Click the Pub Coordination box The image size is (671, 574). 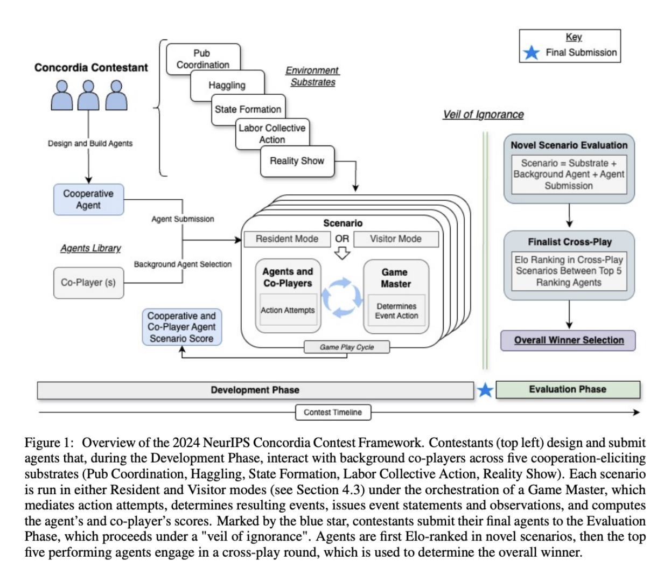pos(203,58)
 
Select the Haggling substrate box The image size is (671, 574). pos(227,85)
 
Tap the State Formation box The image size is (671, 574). pos(248,109)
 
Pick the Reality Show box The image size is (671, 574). pos(297,161)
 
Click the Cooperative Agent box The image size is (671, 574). pos(88,199)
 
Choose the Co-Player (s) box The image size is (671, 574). pos(88,282)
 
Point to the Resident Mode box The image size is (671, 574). pos(286,239)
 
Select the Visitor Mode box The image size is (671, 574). pos(396,239)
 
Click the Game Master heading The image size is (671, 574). pos(395,278)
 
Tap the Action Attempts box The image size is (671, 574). pos(288,310)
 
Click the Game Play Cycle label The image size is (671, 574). pos(346,347)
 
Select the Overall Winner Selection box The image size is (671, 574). pos(568,340)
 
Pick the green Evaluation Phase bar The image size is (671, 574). pos(568,389)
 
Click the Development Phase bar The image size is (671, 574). pos(255,390)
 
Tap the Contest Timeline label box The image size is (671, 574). pos(333,412)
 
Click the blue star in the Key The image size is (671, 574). pos(532,53)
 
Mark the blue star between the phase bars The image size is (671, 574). pos(485,390)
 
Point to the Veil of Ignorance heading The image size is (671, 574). pos(483,114)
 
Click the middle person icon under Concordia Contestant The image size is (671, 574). pos(89,96)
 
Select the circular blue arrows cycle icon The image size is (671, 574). pos(342,298)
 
